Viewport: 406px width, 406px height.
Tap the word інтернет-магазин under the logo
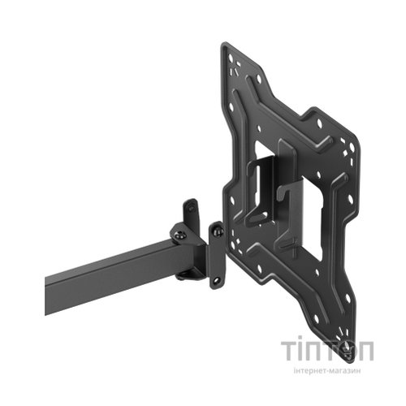327,370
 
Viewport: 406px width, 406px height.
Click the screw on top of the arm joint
180,235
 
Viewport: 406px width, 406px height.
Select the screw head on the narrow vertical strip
217,231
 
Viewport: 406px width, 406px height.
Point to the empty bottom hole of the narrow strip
216,280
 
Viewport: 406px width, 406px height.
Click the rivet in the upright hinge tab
191,209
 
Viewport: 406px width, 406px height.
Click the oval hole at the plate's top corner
231,58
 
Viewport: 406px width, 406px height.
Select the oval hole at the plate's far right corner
352,147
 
